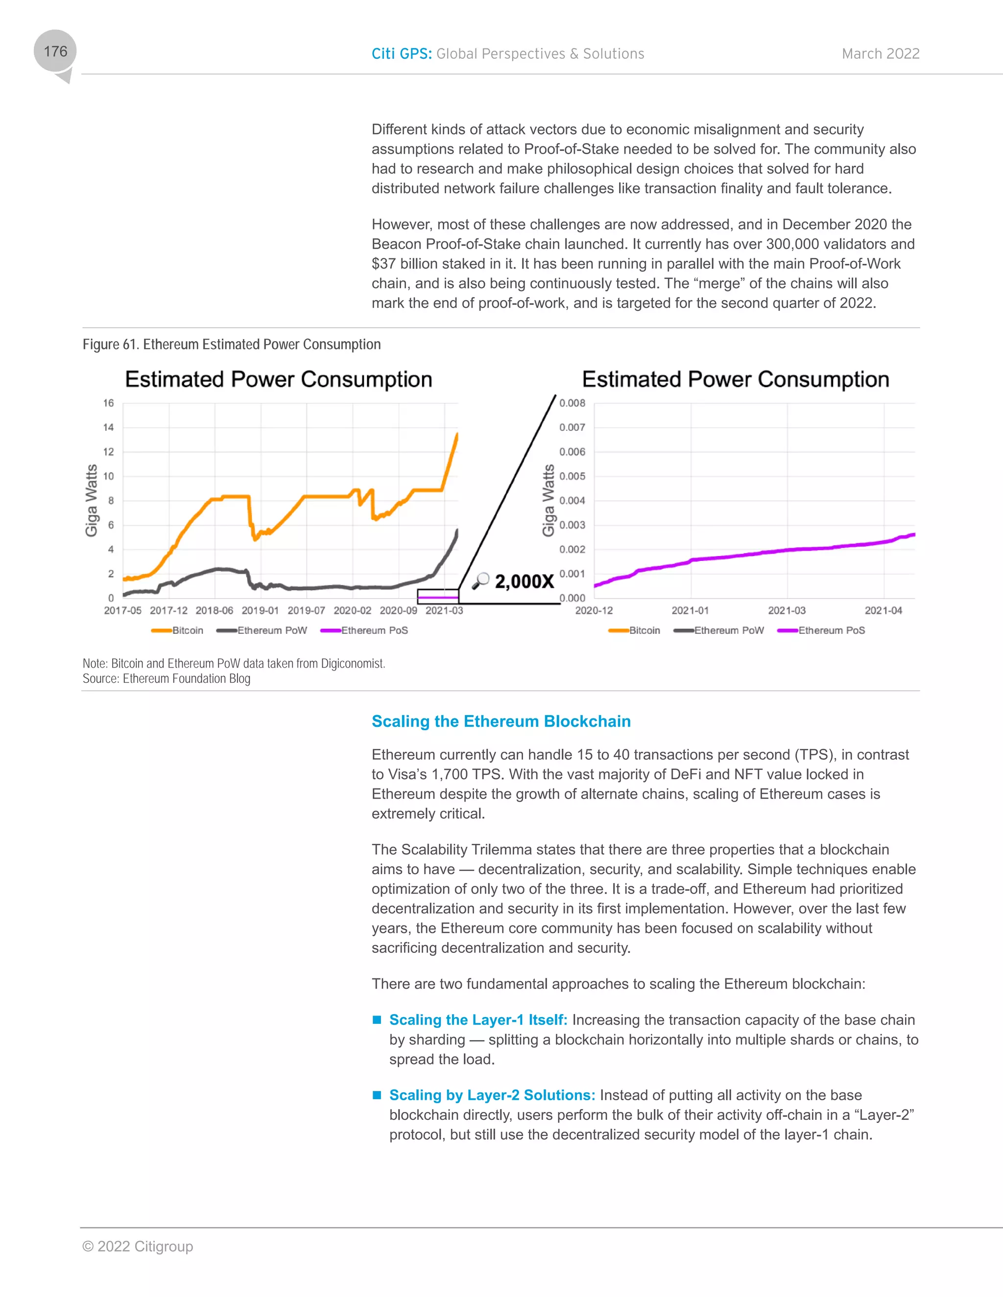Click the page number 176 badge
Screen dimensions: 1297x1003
(55, 52)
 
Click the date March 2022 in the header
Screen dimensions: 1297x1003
(880, 54)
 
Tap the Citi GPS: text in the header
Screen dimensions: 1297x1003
(402, 54)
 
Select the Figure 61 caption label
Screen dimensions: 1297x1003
(231, 345)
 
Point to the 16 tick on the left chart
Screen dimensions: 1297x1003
(108, 403)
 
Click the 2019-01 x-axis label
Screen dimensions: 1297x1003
(260, 610)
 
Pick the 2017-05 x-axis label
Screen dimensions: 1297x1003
(122, 610)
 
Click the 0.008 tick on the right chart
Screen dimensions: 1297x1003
(572, 403)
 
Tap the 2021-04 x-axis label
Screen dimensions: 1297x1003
(883, 610)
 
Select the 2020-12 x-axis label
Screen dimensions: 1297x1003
(594, 610)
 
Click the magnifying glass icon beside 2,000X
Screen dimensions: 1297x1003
(480, 580)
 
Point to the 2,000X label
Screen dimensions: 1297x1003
(524, 581)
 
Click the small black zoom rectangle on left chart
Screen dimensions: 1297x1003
(438, 596)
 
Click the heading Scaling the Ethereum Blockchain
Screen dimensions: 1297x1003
(501, 721)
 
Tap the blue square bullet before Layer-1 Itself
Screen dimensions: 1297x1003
(377, 1019)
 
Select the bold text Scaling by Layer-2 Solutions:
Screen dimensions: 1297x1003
(492, 1095)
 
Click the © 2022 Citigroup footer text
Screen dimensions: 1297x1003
(138, 1247)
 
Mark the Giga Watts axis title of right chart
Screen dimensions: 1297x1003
(549, 501)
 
